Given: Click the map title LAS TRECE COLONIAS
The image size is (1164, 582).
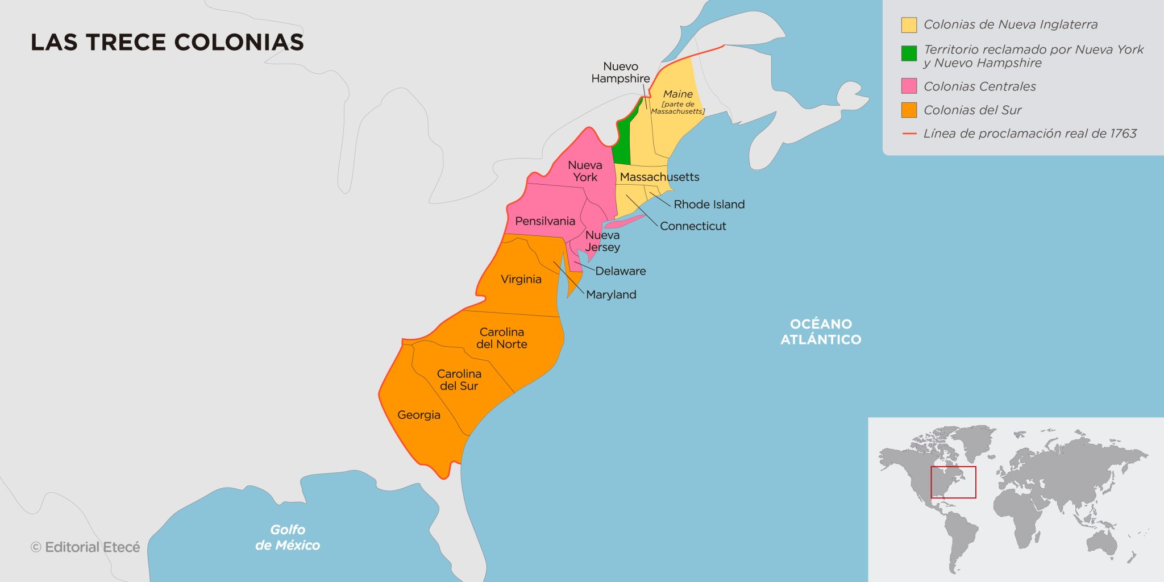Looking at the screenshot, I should point(167,43).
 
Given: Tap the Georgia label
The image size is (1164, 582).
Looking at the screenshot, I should point(419,415).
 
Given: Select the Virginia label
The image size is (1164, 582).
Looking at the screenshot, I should point(521,279).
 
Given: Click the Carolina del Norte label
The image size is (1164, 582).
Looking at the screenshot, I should point(501,338).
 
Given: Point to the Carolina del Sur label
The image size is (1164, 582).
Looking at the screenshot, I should point(459,380).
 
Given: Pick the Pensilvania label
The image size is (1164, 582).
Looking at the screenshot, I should point(545,221).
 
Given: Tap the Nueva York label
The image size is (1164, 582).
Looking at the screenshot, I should point(585,171).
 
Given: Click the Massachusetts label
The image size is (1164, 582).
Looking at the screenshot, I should point(659,177).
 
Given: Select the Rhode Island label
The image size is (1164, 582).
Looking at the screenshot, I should point(709,204).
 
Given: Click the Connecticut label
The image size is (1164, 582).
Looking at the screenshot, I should point(693,226).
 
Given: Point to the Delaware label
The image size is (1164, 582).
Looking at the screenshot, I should point(620,271).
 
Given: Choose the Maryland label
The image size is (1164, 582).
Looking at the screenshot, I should point(611,294).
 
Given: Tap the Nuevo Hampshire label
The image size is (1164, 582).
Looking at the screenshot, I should point(620,72).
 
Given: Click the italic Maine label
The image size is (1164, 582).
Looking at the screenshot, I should point(677,94).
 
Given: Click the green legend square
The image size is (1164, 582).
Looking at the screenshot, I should point(909,53).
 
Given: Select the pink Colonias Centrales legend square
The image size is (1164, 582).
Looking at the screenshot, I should point(909,86).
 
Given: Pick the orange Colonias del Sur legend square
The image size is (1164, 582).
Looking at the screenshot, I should point(909,110).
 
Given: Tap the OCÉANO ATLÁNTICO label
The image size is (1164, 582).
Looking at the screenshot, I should point(821,331).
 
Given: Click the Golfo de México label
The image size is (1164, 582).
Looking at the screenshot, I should point(288,537).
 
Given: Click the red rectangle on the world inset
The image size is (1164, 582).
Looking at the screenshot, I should point(953,482).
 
